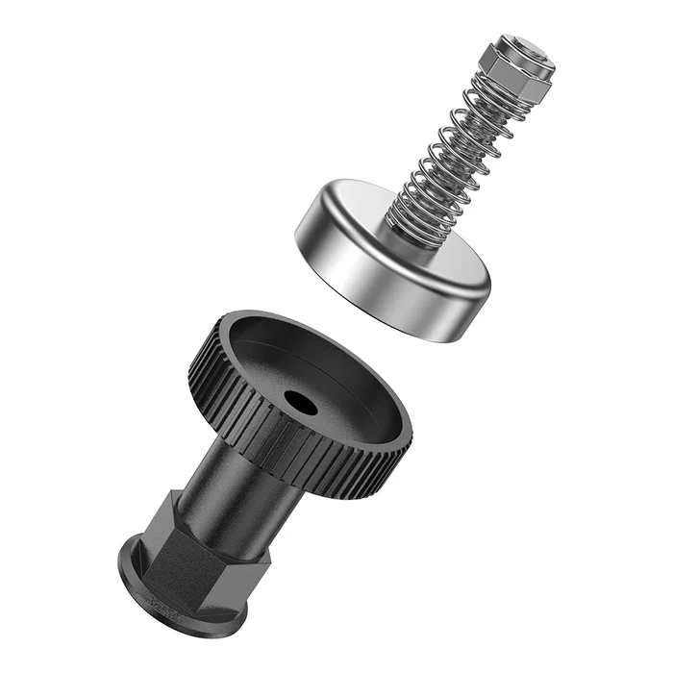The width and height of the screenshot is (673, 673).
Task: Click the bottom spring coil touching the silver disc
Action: (x=409, y=227)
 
